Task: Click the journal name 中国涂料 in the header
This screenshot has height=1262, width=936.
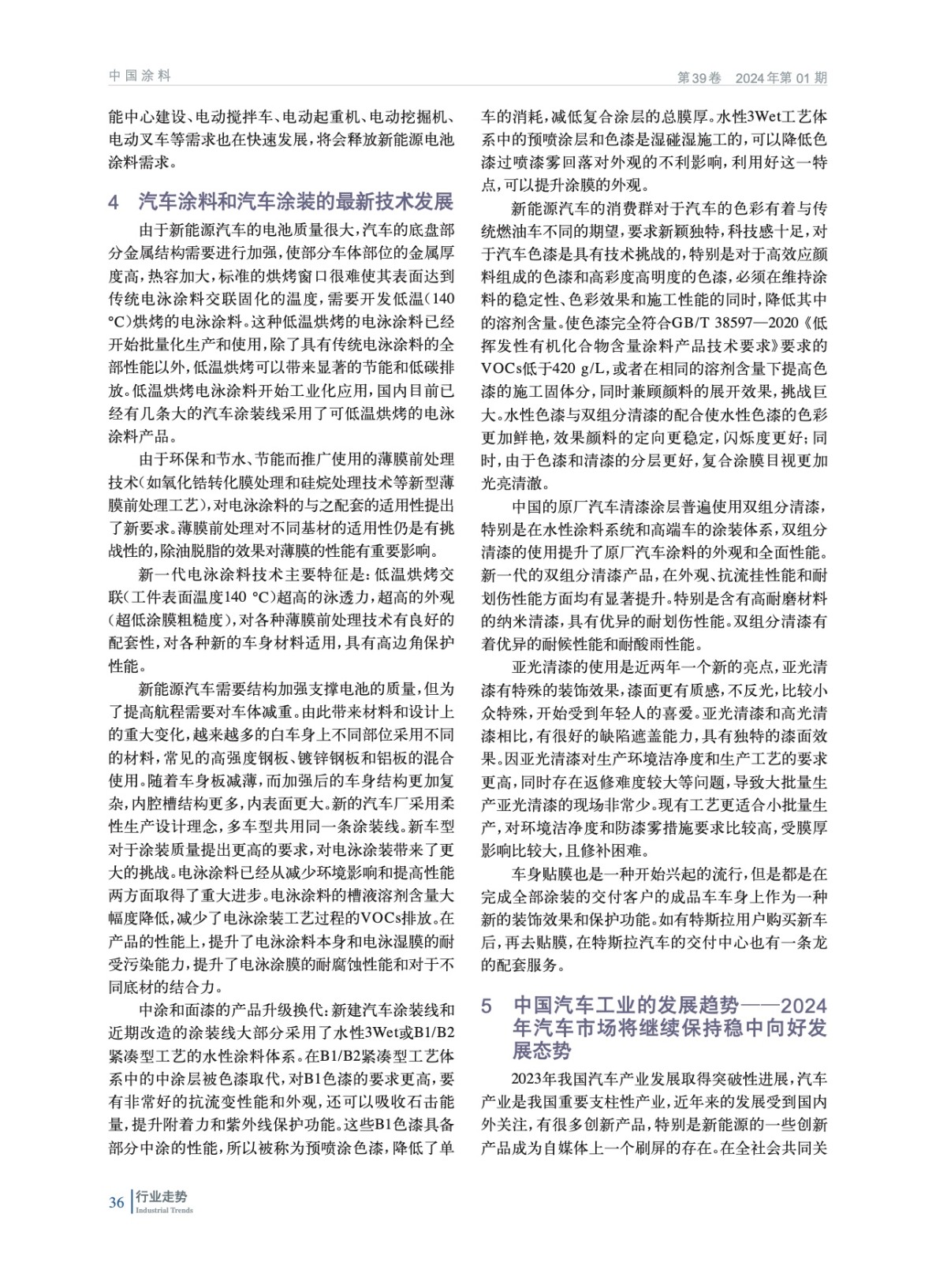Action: (x=140, y=76)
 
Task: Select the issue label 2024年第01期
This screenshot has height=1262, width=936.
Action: (x=781, y=77)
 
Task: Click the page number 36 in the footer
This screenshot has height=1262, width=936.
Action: (x=116, y=1202)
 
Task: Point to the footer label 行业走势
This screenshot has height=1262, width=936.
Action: (x=161, y=1197)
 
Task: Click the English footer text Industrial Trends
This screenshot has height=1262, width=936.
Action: (x=164, y=1210)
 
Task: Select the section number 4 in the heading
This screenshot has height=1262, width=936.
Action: (x=114, y=201)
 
